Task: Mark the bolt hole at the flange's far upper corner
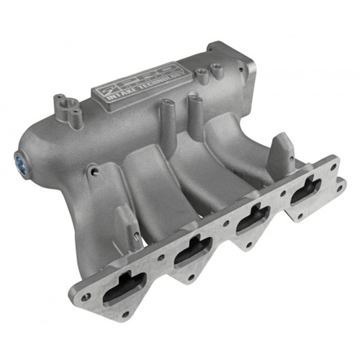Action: pyautogui.click(x=333, y=164)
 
